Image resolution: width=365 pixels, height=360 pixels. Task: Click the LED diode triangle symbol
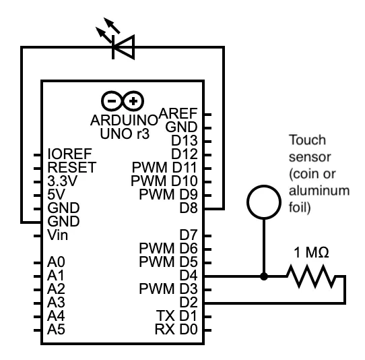click(x=123, y=47)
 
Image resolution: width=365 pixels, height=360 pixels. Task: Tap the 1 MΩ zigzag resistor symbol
click(x=311, y=276)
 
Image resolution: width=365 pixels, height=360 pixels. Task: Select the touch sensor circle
click(x=264, y=186)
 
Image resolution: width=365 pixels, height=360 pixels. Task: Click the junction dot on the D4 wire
click(x=264, y=276)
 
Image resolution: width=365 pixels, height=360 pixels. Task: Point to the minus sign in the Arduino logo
click(x=112, y=101)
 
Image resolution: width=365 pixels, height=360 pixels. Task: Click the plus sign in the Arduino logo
click(x=133, y=101)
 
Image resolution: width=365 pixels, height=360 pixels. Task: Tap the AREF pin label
click(x=178, y=113)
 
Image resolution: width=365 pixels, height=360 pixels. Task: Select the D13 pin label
click(x=185, y=140)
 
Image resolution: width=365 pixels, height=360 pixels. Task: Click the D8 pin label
click(x=189, y=208)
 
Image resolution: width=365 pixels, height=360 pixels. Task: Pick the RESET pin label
click(x=71, y=167)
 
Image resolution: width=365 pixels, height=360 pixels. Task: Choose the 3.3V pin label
click(x=62, y=181)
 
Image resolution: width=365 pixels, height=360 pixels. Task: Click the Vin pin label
click(x=57, y=235)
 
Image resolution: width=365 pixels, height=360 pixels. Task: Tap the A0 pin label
click(x=56, y=262)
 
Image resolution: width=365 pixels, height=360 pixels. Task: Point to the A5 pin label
click(x=56, y=329)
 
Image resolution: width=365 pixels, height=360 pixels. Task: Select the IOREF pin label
click(x=69, y=154)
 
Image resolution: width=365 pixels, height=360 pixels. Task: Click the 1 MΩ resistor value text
click(x=311, y=252)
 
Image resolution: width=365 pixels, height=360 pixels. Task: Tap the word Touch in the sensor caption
click(x=307, y=140)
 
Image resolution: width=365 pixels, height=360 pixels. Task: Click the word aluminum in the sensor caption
click(x=319, y=190)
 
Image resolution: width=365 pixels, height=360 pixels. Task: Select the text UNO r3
click(x=125, y=133)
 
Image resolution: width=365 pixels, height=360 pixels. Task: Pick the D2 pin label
click(x=189, y=302)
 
